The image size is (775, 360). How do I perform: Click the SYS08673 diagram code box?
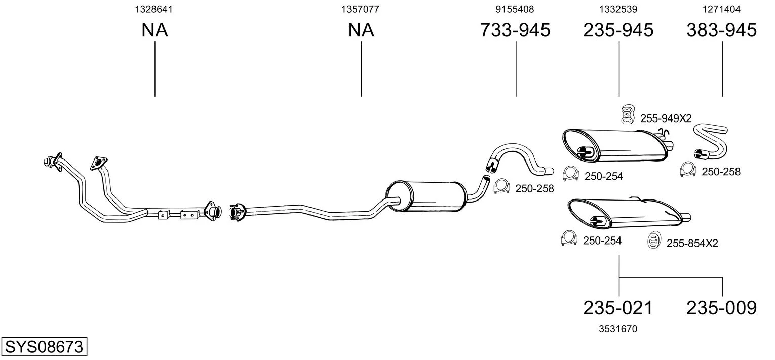tap(44, 346)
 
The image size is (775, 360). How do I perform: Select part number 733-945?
tap(515, 30)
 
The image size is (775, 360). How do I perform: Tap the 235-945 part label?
tap(618, 30)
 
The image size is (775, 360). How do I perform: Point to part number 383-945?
tap(722, 30)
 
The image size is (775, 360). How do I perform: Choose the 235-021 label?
tap(618, 308)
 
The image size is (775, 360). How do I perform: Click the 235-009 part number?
tap(722, 308)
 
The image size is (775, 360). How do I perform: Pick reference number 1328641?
tap(153, 9)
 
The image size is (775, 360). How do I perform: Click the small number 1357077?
tap(360, 9)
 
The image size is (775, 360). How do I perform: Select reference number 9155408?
tap(515, 9)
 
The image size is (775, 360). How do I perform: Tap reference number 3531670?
tap(618, 329)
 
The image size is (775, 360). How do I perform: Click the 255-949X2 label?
tap(666, 118)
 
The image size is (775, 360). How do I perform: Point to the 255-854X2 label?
tap(692, 244)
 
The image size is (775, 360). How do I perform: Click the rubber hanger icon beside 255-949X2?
tap(627, 114)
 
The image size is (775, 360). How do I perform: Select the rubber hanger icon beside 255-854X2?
tap(654, 240)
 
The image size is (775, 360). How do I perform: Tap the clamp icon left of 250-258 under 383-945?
tap(688, 170)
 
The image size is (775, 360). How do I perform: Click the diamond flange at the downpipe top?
tap(99, 164)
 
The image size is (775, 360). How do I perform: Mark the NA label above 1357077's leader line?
tap(361, 30)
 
